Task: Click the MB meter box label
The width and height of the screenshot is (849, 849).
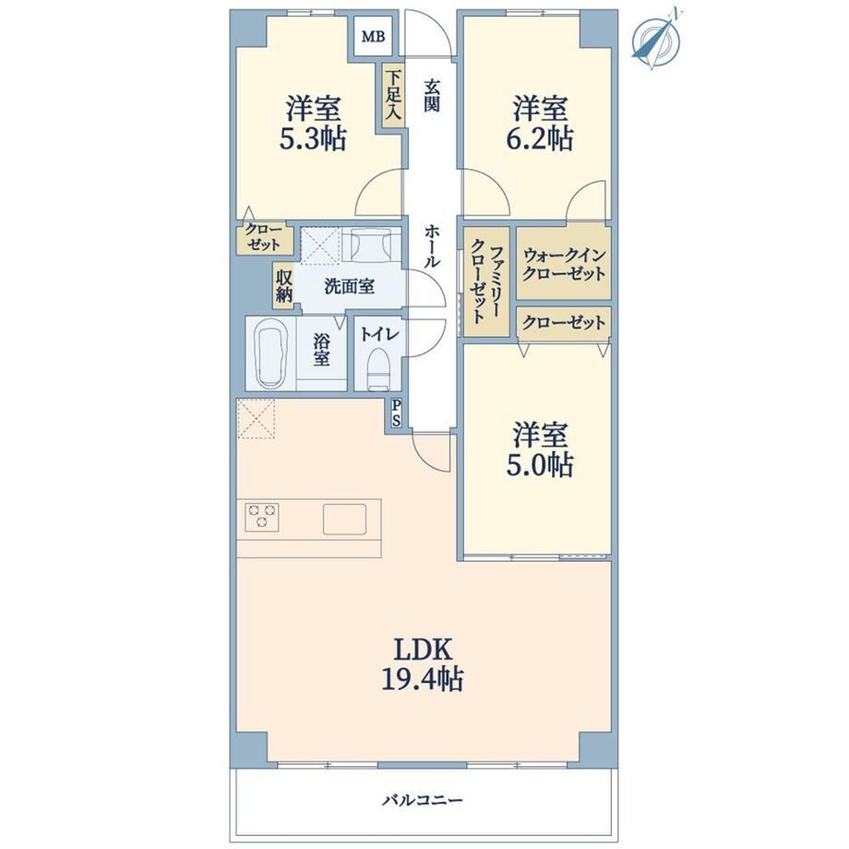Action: [x=373, y=37]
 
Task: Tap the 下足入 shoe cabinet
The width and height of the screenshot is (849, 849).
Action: [x=393, y=96]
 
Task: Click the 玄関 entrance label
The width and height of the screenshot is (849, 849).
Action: [x=432, y=95]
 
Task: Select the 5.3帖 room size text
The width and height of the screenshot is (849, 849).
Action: [x=313, y=139]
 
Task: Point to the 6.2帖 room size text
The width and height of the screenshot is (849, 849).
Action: [x=540, y=139]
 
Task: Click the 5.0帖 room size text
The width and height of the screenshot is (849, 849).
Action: [x=540, y=465]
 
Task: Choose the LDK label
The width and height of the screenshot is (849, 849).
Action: [x=423, y=649]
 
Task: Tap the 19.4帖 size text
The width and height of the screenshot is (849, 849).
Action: [x=423, y=679]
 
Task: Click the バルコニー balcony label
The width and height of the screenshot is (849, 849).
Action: [x=423, y=800]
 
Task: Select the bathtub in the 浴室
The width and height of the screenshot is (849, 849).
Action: [x=269, y=353]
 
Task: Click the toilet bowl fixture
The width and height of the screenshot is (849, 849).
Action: [x=378, y=368]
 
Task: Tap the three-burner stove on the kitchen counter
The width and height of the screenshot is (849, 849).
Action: [x=262, y=517]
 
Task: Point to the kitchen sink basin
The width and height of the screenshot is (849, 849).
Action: [x=345, y=519]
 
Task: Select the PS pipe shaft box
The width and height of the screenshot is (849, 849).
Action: [x=396, y=413]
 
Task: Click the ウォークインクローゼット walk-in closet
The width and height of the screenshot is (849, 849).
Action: [x=564, y=263]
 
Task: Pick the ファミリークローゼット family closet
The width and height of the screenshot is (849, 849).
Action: [x=486, y=281]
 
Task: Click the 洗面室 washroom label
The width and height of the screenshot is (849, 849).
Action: [x=349, y=286]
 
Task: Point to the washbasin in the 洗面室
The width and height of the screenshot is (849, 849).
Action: [x=370, y=245]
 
